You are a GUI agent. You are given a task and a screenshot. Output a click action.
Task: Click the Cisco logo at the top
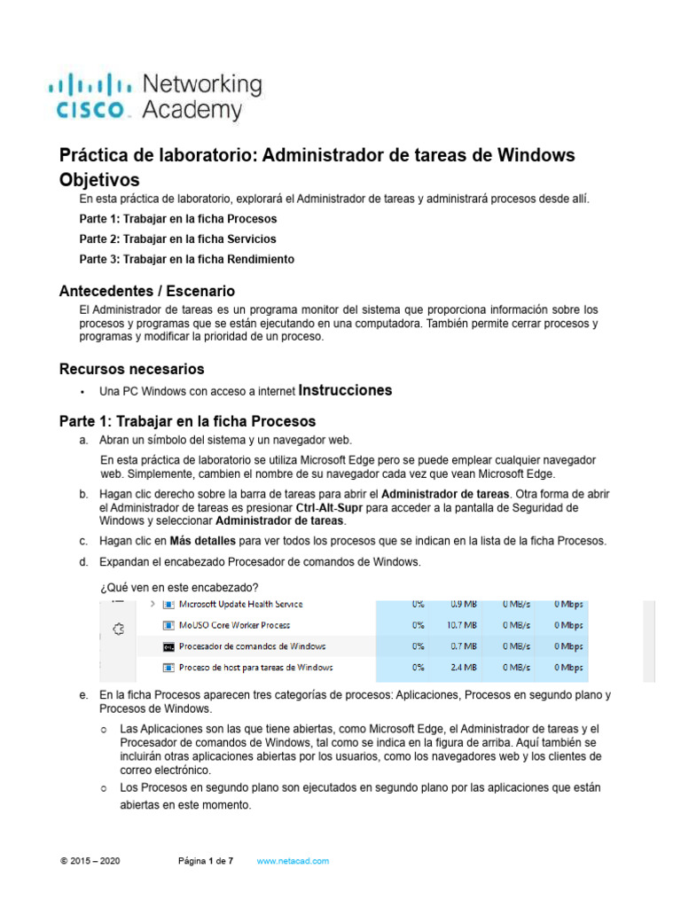(x=154, y=97)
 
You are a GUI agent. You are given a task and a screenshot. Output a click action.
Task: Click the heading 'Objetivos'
(x=99, y=179)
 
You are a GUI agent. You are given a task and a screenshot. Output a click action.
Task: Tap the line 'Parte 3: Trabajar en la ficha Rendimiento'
(x=186, y=260)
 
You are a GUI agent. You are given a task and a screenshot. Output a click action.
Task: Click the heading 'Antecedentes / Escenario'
(x=146, y=291)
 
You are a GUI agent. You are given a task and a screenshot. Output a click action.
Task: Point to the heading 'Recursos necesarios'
(x=131, y=368)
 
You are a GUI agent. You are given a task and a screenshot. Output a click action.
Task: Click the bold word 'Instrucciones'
(x=346, y=390)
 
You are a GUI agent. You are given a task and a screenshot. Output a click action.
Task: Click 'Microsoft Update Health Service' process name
(x=240, y=604)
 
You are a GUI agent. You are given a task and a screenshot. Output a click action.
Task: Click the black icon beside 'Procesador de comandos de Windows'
(x=168, y=646)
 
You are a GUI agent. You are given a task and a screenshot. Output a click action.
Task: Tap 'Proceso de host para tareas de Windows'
(x=255, y=668)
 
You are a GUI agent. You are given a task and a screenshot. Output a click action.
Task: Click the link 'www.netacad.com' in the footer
(x=293, y=861)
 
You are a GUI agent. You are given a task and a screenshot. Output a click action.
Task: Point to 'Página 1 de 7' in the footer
(x=205, y=861)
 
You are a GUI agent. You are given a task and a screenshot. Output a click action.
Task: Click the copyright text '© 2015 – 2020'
(x=90, y=861)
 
